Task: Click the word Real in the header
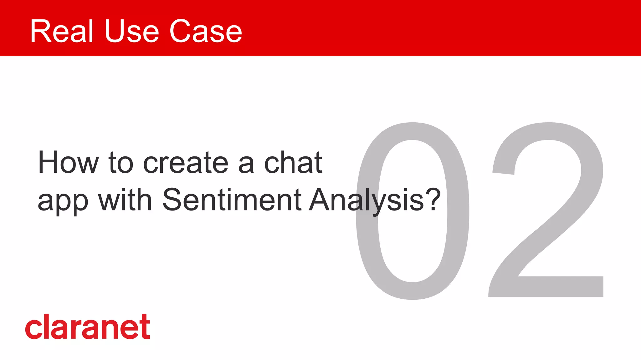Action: (x=62, y=31)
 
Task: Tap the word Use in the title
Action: (x=132, y=31)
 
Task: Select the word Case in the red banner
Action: (x=206, y=31)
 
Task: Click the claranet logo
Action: (x=88, y=327)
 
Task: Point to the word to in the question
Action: (x=121, y=163)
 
